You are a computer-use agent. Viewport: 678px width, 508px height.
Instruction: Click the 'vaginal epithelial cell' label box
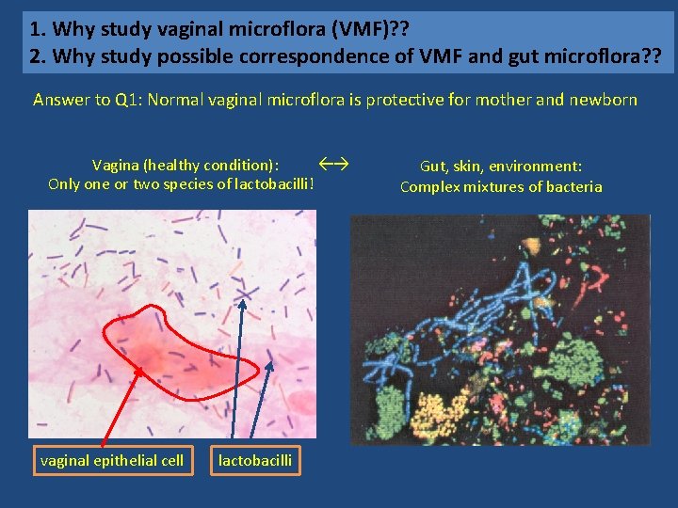(112, 460)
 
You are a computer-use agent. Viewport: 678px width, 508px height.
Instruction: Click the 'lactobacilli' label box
(255, 460)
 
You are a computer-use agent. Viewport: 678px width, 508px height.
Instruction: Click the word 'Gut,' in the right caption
(433, 167)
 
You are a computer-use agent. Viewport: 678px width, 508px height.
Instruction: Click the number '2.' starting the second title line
(37, 56)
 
